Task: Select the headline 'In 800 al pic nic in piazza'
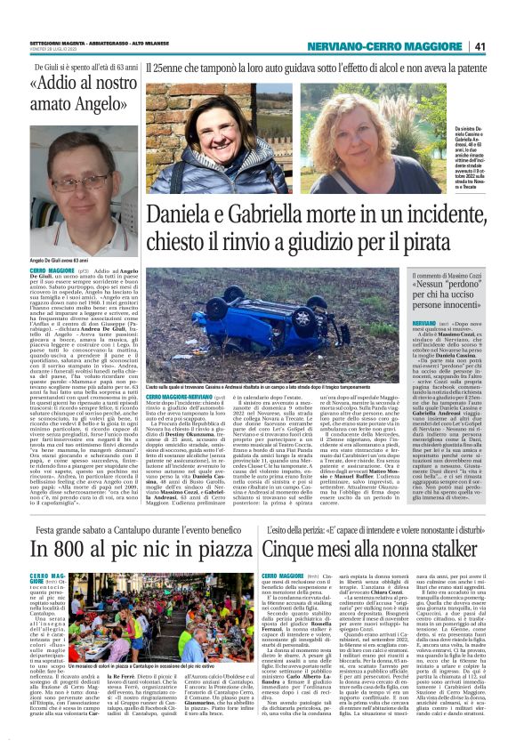(x=130, y=525)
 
